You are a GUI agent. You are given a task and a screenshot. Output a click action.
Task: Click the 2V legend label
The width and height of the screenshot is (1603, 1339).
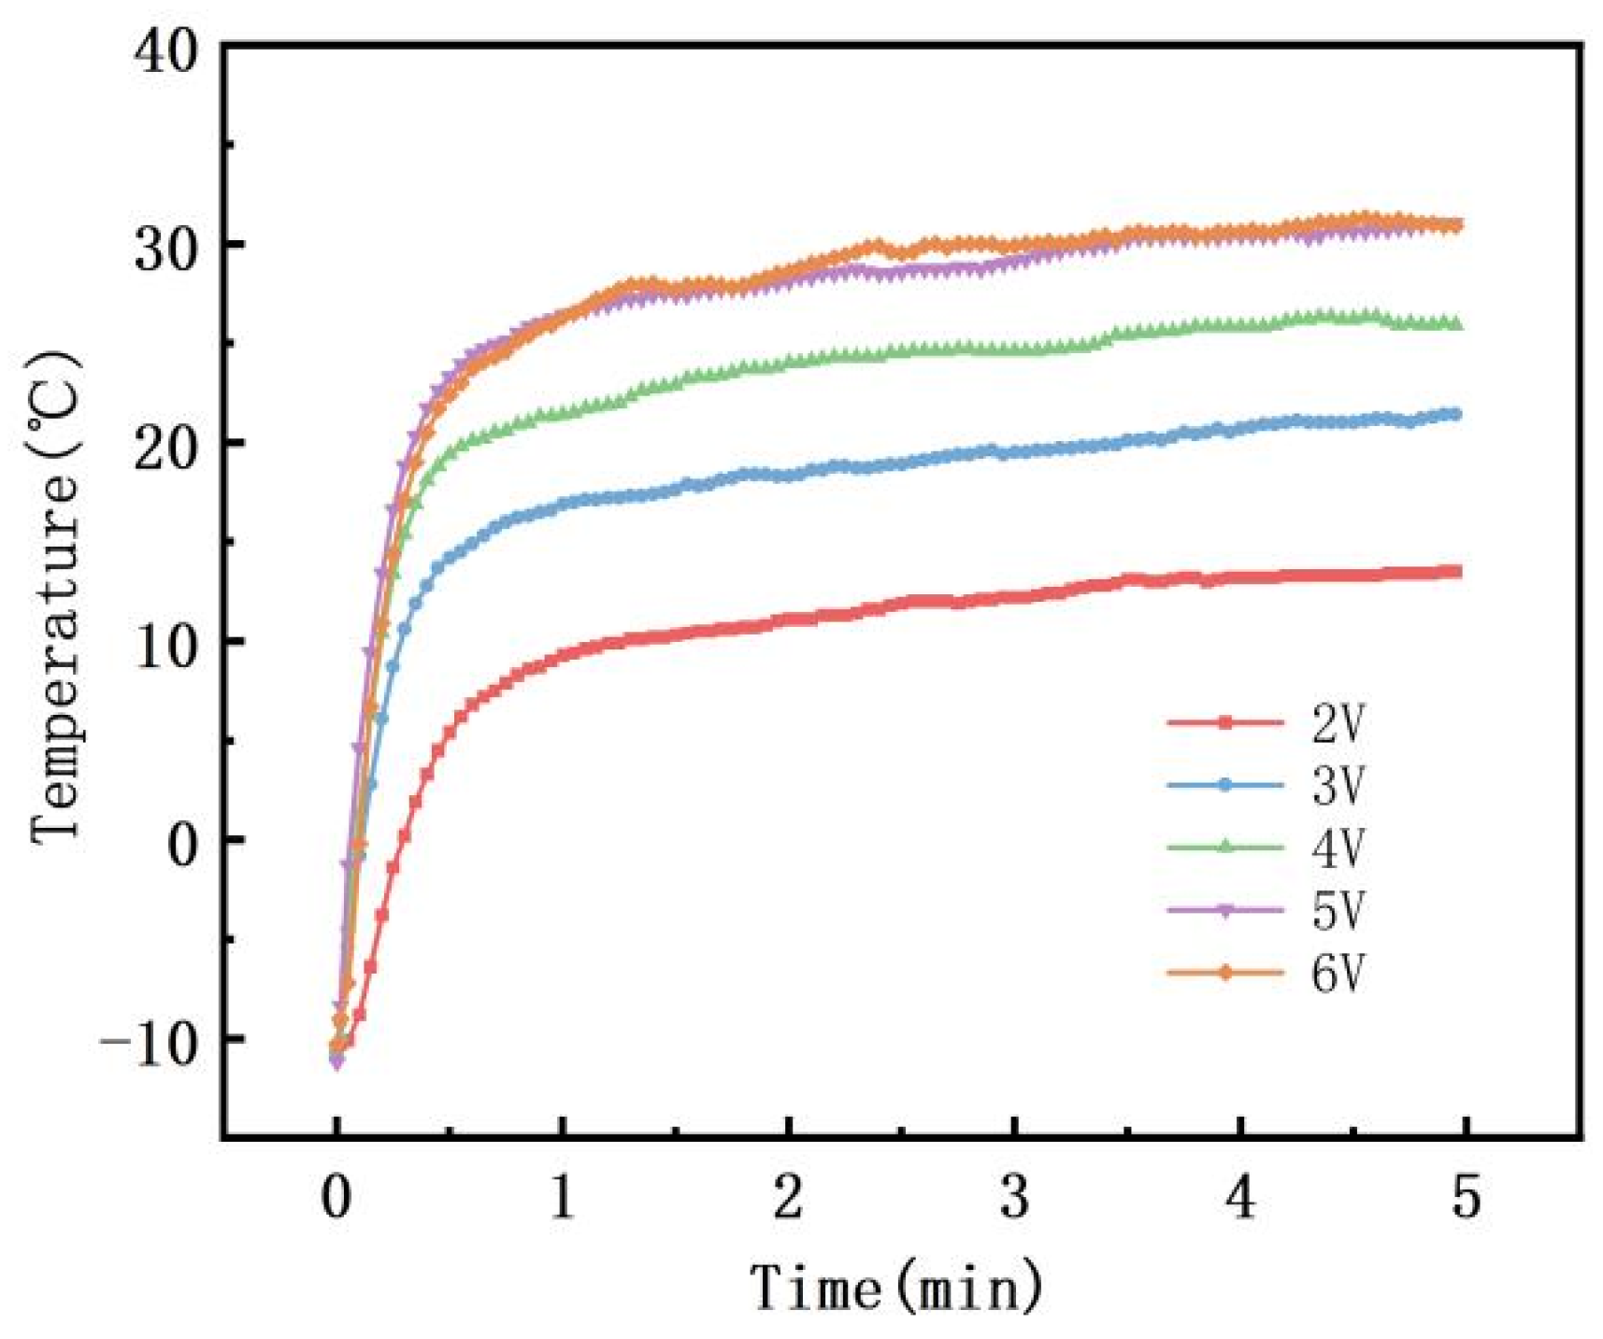click(1338, 723)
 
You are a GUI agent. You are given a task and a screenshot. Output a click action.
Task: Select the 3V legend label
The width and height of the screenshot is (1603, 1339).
click(1338, 785)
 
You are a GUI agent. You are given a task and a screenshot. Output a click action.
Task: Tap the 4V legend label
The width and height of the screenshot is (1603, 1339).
click(1338, 848)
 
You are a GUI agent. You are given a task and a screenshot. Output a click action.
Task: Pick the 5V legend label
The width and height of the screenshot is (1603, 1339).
click(1338, 909)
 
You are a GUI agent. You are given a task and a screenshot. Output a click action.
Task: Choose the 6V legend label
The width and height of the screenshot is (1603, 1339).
click(1338, 973)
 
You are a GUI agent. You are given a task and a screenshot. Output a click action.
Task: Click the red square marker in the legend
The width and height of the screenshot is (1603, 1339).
click(1225, 722)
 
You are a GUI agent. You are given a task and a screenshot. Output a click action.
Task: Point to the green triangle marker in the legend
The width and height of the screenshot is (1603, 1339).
click(1225, 847)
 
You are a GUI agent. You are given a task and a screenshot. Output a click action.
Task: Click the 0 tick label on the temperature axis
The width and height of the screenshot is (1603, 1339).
click(183, 844)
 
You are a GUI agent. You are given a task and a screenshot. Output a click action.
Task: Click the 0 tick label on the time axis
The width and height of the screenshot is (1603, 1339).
click(336, 1197)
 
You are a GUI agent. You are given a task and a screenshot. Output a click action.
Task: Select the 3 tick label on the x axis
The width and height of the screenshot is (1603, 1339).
click(1014, 1197)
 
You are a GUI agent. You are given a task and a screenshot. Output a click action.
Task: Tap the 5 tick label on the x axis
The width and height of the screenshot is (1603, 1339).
click(1466, 1197)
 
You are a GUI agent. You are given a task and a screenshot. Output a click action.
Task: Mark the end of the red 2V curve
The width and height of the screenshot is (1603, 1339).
click(1455, 571)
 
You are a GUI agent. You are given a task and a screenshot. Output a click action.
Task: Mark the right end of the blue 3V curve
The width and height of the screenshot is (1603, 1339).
click(1454, 414)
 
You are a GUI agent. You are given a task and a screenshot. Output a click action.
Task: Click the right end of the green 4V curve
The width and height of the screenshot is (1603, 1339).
click(1454, 323)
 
